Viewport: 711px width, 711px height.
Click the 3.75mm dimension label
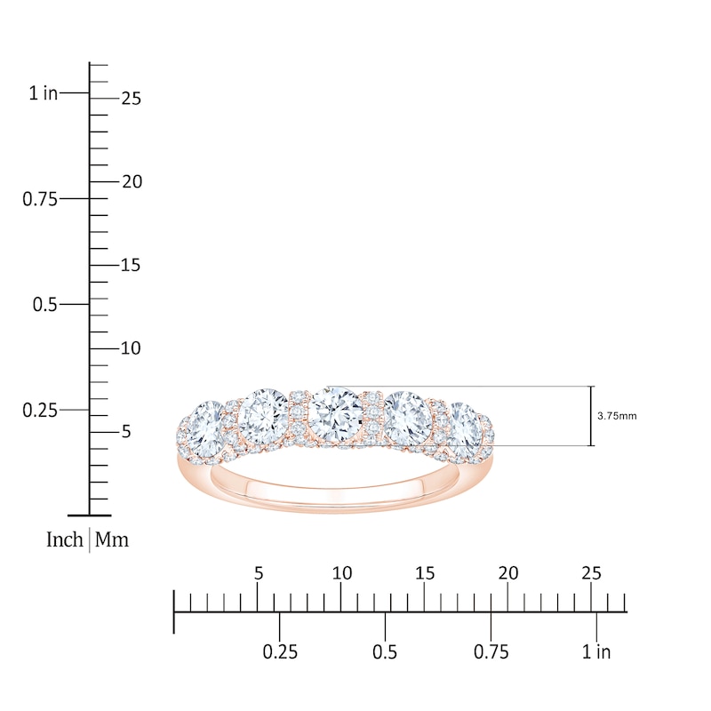coord(618,415)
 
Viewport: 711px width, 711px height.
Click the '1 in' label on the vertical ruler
coord(42,92)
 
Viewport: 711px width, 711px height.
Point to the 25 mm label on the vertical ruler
coord(132,99)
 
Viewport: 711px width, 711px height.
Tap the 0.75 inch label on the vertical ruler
coord(40,199)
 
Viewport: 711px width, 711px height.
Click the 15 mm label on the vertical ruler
coord(131,265)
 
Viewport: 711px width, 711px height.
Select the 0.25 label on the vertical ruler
coord(40,410)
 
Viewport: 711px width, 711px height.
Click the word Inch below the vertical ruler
coord(65,539)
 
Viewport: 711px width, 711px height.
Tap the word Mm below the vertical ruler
coord(112,539)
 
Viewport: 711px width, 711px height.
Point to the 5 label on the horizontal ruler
coord(259,573)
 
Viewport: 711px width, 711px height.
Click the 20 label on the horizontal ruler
coord(508,573)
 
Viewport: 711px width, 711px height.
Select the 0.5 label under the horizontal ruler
coord(385,652)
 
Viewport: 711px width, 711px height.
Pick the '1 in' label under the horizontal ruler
coord(596,652)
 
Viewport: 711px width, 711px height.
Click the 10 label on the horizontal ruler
coord(341,573)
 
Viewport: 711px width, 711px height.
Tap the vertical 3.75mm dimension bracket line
coord(591,416)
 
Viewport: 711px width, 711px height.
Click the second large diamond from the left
coord(262,411)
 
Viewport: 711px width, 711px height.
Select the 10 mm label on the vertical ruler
coord(131,348)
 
